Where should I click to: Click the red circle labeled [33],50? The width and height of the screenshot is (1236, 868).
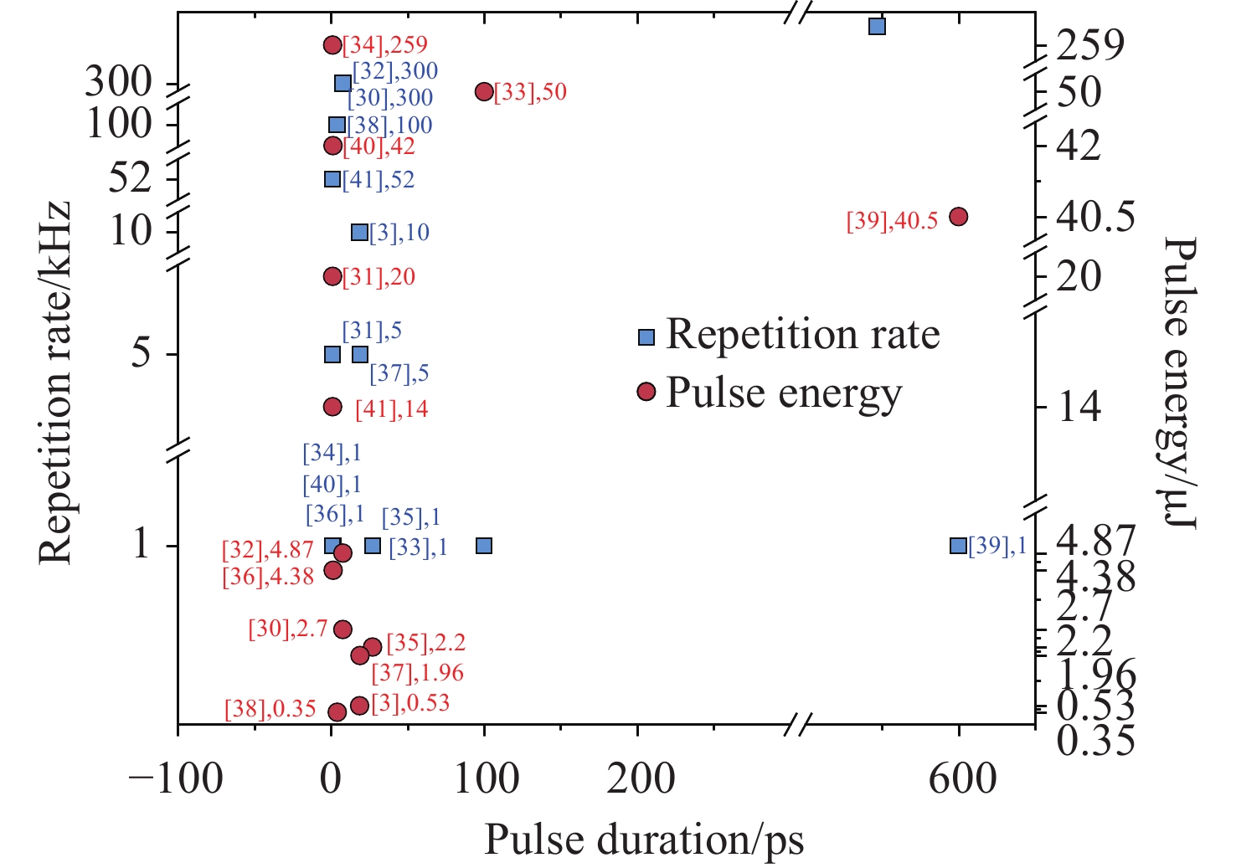[x=484, y=91]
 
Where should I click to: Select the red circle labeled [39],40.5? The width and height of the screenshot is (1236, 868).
[x=959, y=216]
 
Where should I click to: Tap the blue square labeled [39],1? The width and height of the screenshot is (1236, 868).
[x=959, y=546]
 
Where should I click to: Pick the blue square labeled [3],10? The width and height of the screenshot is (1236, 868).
[x=359, y=233]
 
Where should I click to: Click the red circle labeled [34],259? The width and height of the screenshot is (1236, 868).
[x=332, y=44]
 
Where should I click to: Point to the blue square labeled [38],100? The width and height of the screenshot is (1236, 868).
[x=337, y=126]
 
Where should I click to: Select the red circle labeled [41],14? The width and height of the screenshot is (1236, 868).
[x=332, y=407]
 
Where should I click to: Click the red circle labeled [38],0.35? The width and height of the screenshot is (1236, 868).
[x=337, y=711]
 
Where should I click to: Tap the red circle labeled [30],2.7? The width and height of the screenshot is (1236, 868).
[x=342, y=629]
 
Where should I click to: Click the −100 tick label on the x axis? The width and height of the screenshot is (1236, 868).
[x=176, y=778]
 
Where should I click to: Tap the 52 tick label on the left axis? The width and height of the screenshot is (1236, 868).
[x=131, y=178]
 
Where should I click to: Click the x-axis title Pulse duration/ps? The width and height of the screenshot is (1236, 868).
[x=643, y=840]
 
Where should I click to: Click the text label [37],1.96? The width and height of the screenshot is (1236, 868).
[x=417, y=673]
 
